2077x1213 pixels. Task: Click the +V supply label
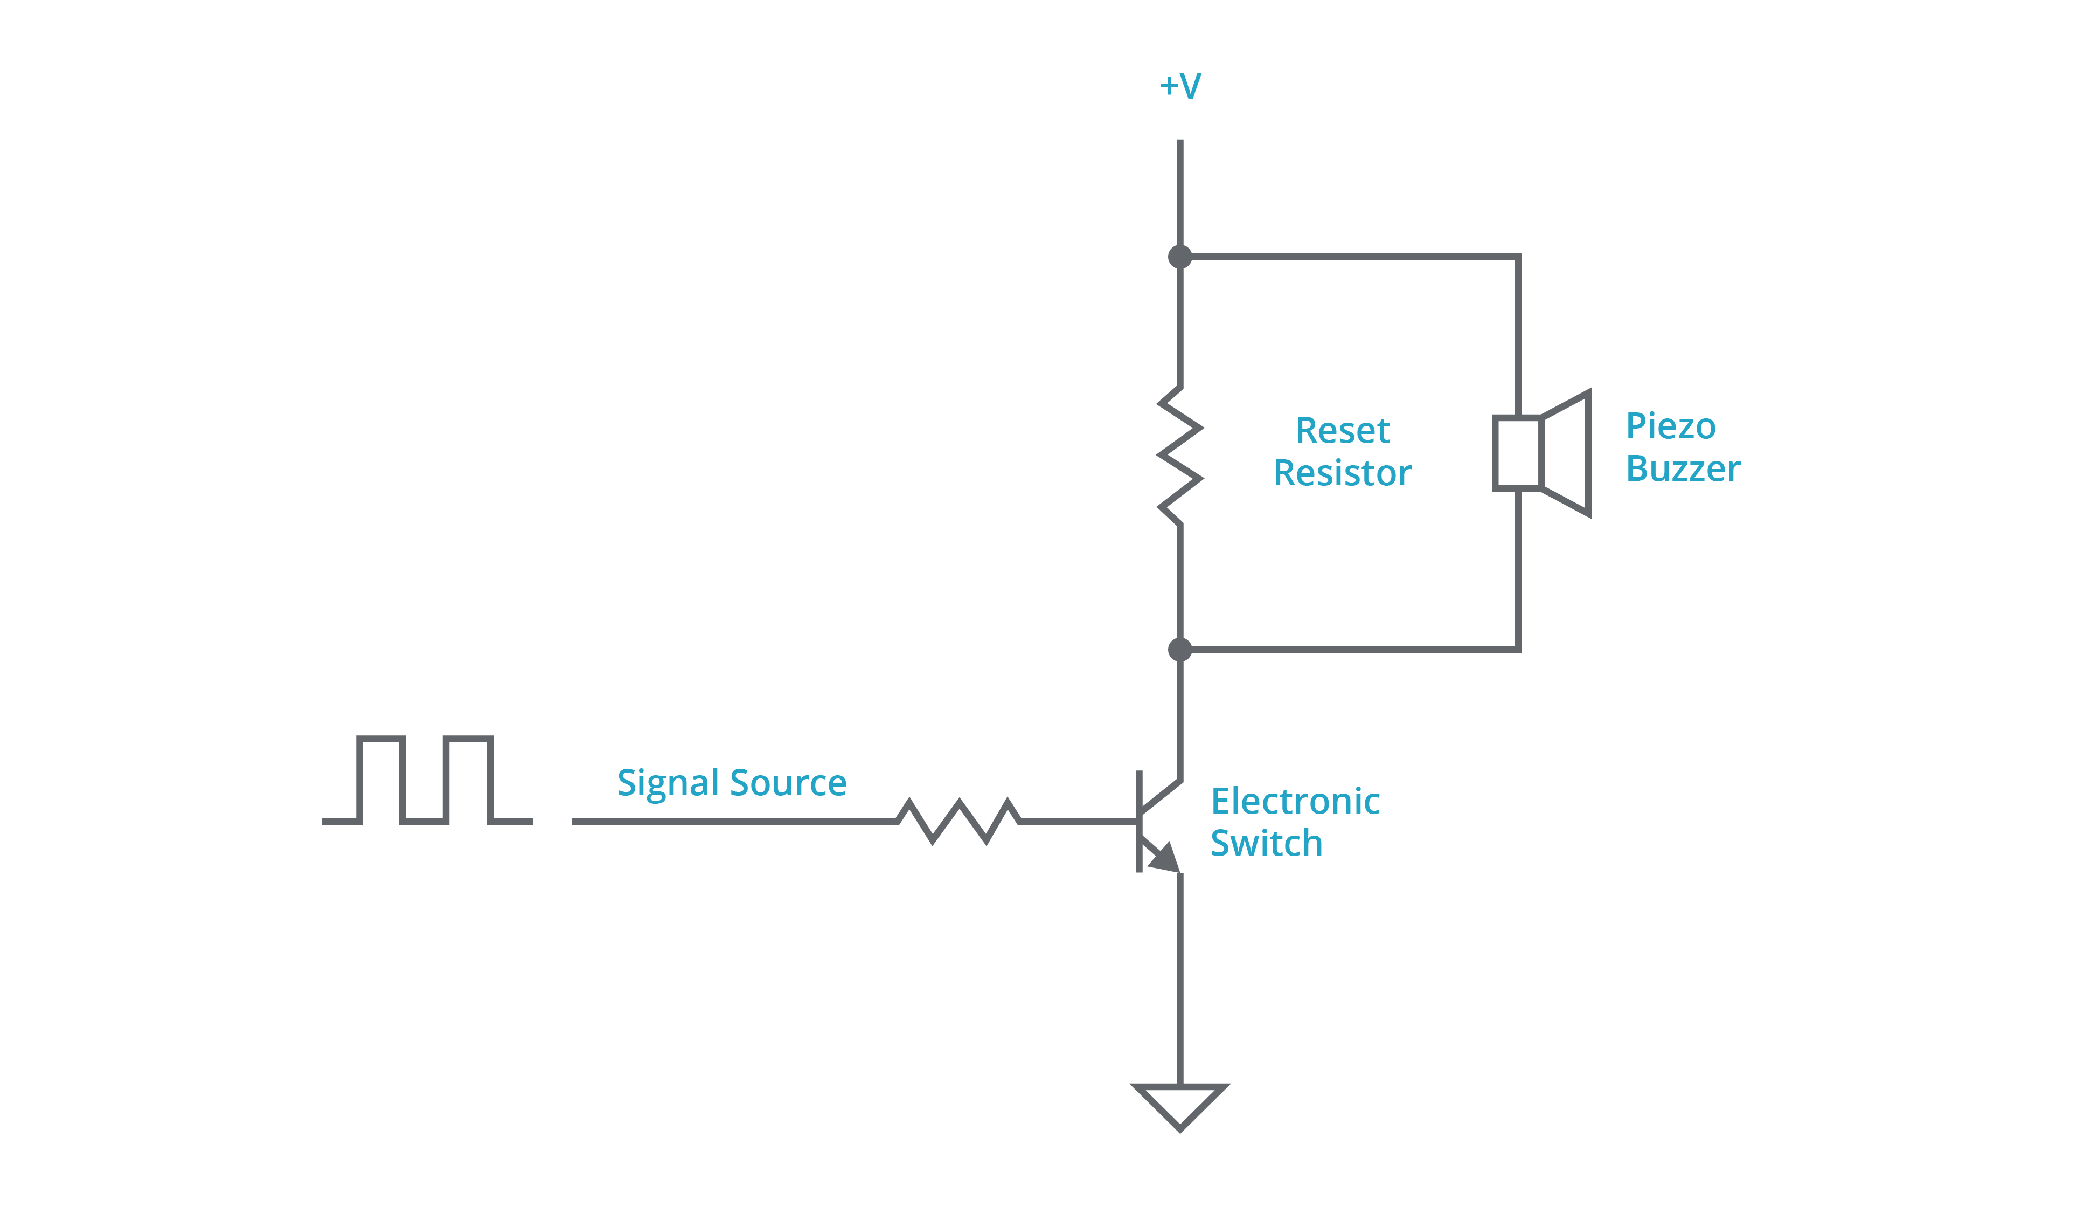coord(1180,86)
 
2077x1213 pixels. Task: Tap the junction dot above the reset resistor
coord(1180,257)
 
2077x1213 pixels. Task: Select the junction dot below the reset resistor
coord(1180,650)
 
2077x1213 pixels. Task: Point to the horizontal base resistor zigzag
coord(958,821)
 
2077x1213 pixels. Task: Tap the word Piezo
coord(1671,426)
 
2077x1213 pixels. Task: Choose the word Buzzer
coord(1683,469)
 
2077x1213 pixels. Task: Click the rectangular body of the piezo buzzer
coord(1517,453)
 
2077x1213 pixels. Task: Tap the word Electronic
coord(1295,802)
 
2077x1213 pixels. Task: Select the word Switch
coord(1266,844)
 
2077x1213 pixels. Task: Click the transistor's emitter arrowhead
coord(1165,858)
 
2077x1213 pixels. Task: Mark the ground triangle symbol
coord(1180,1104)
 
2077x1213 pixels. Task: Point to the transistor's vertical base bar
coord(1139,821)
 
